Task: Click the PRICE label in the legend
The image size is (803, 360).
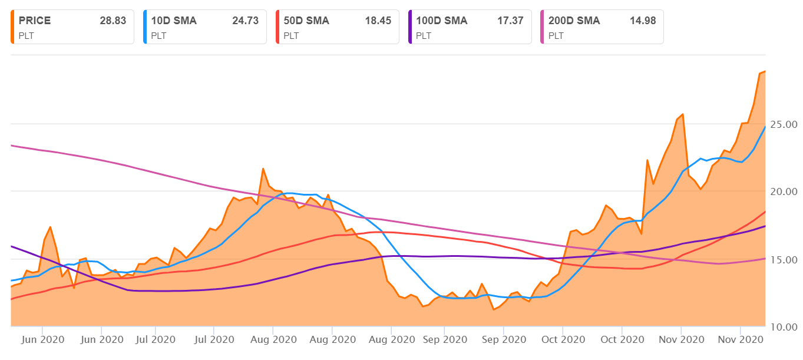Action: coord(35,21)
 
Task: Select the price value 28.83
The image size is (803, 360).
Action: coord(113,21)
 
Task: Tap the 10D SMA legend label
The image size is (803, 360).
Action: coord(174,21)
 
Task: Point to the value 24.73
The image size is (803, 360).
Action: coord(245,21)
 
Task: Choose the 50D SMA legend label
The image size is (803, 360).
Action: coord(306,21)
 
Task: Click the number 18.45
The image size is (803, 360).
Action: coord(378,21)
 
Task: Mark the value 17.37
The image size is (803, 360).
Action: coord(510,21)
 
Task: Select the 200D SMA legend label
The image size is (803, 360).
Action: coord(574,21)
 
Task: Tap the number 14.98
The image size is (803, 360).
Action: coord(643,21)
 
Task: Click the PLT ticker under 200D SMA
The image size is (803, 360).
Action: coord(556,35)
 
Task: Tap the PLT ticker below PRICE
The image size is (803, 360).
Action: coord(27,35)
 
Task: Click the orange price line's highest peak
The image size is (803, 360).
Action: coord(764,71)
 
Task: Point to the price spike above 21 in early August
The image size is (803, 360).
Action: coord(263,169)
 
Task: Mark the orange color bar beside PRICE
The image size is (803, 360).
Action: coord(12,27)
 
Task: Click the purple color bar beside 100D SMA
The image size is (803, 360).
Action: coord(409,27)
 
